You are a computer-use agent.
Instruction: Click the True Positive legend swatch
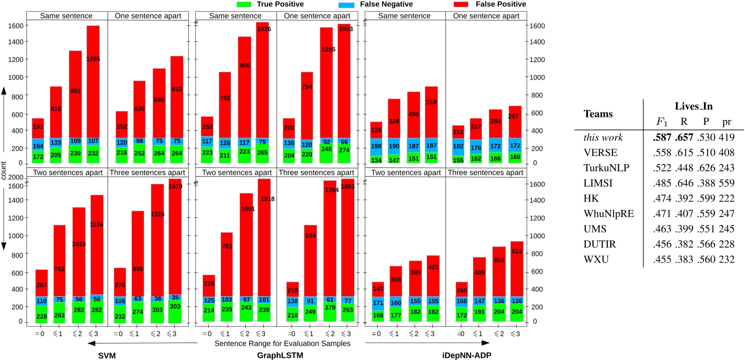[x=244, y=4]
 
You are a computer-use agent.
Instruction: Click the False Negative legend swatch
[x=346, y=4]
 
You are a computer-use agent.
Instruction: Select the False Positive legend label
[x=501, y=4]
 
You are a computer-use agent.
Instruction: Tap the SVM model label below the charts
[x=107, y=356]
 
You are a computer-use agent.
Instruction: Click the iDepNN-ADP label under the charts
[x=467, y=356]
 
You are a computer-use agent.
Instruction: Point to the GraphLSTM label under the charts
[x=280, y=356]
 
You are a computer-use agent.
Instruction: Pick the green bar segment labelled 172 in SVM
[x=38, y=157]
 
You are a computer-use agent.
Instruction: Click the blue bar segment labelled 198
[x=376, y=146]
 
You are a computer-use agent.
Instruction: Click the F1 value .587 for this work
[x=662, y=138]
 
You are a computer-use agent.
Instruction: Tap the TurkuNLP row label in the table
[x=606, y=168]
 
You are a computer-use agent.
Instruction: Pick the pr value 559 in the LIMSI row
[x=726, y=183]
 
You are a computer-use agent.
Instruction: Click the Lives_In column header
[x=693, y=106]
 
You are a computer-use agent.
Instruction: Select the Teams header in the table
[x=598, y=114]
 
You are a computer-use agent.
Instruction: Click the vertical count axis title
[x=4, y=170]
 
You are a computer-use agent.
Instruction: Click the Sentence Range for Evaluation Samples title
[x=282, y=343]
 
